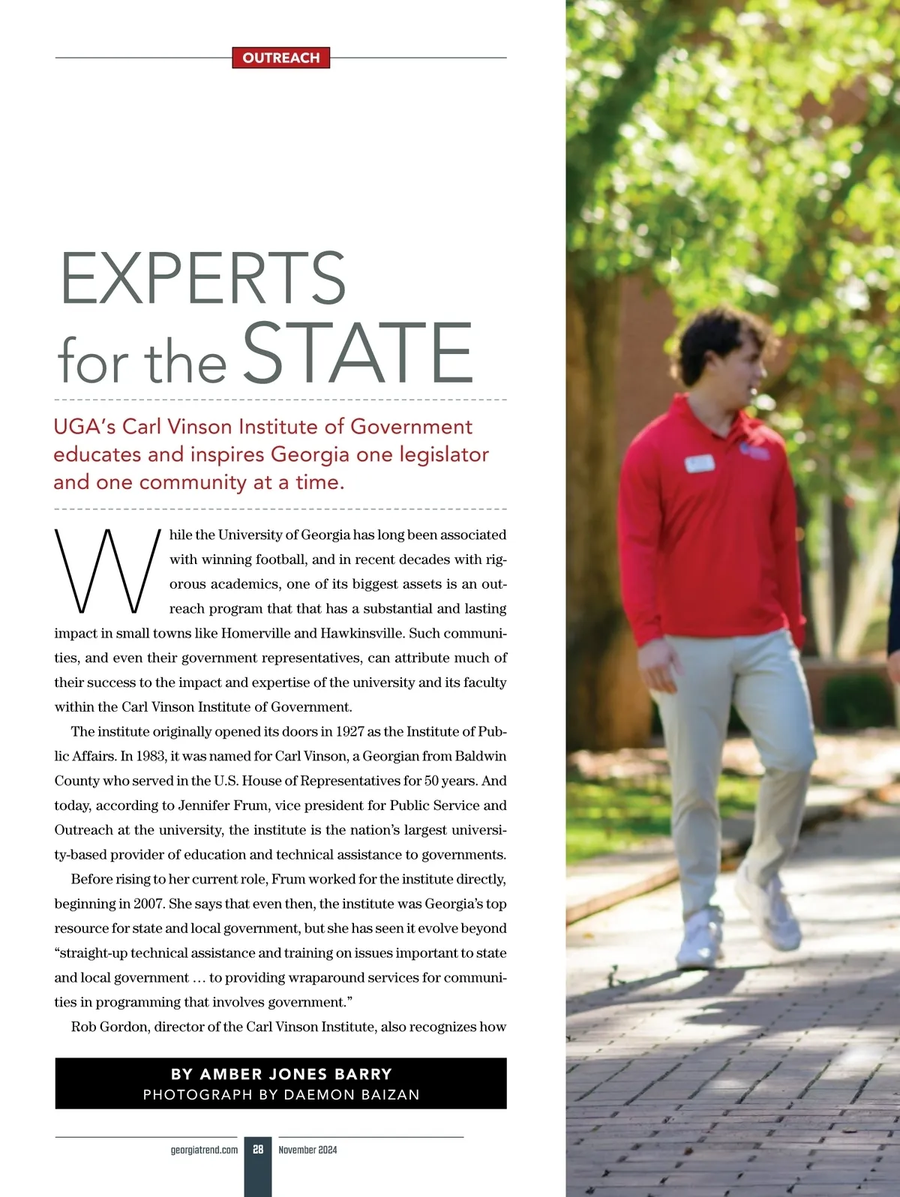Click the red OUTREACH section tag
click(281, 58)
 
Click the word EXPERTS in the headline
click(202, 278)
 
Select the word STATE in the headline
click(358, 352)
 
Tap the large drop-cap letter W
click(106, 571)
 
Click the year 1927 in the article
click(349, 731)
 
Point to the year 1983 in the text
click(152, 756)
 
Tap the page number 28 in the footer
click(258, 1149)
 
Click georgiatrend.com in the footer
click(204, 1150)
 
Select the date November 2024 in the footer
click(307, 1150)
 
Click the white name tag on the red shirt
click(699, 463)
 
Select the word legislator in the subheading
click(443, 454)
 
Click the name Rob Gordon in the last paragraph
click(109, 1027)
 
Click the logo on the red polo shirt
click(754, 451)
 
